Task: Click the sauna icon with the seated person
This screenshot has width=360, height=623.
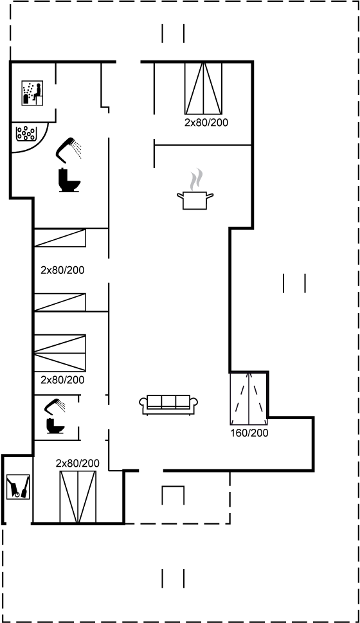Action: tap(32, 93)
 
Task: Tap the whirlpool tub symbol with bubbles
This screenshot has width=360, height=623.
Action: tap(26, 133)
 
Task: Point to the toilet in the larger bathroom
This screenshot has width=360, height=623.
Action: tap(69, 180)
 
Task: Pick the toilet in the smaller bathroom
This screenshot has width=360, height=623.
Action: tap(55, 426)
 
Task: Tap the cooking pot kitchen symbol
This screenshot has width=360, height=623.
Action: tap(195, 200)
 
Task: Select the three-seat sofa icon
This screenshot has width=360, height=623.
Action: tap(168, 405)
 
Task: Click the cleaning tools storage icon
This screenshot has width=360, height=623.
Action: tap(18, 486)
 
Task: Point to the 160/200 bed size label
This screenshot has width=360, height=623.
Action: tap(249, 433)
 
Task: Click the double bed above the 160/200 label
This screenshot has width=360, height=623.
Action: tap(248, 399)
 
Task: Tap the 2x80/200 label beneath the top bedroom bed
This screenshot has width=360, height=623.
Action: tap(206, 122)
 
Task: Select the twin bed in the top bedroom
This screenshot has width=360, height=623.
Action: tap(203, 88)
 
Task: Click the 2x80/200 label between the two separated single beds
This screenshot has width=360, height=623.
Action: tap(62, 270)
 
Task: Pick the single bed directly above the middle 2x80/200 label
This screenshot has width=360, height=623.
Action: tap(60, 238)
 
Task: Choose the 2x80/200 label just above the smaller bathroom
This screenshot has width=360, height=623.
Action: tap(62, 380)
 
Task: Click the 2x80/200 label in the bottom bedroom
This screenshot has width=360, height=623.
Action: tap(78, 464)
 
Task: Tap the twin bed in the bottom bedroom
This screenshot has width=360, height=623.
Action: tap(78, 497)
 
